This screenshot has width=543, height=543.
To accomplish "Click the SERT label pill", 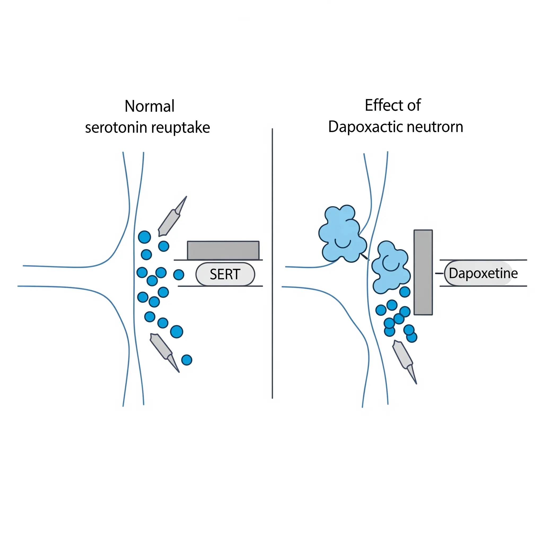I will (225, 274).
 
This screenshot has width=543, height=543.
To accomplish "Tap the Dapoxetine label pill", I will (483, 273).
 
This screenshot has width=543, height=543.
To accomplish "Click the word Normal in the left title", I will (150, 106).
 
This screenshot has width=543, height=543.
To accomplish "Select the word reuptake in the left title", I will (181, 128).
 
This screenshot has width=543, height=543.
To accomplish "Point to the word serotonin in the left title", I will (116, 128).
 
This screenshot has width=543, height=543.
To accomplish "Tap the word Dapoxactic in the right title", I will (365, 127).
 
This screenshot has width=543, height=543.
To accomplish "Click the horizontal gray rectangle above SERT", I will (223, 250).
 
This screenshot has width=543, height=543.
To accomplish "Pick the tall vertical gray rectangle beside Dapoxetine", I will (423, 272).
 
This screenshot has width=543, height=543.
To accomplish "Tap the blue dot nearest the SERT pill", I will (179, 275).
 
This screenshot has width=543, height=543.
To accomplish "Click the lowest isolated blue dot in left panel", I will (187, 360).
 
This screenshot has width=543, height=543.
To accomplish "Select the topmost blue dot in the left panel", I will (144, 237).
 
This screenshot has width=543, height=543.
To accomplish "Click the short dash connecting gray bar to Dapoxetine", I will (439, 273).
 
